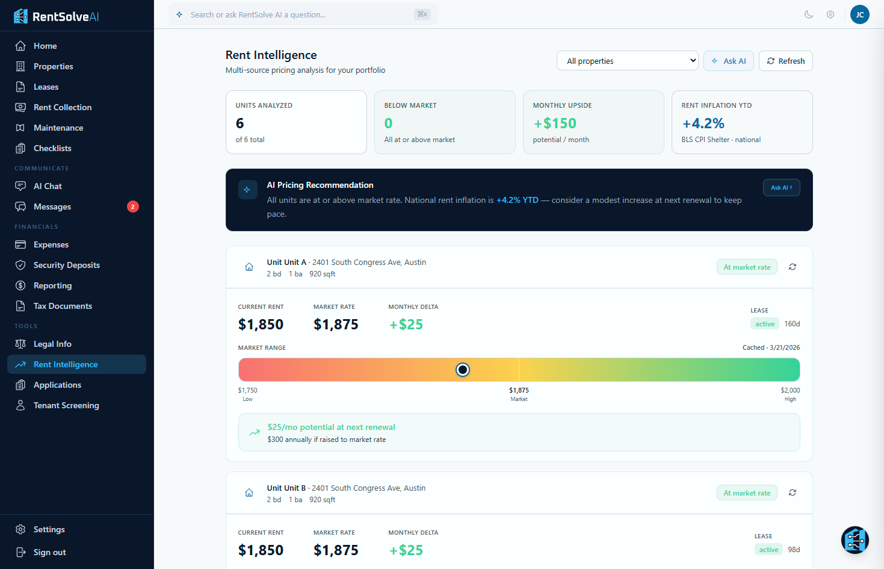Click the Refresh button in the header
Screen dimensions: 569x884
[785, 61]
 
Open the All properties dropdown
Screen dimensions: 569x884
[627, 61]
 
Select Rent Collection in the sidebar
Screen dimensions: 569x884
[63, 107]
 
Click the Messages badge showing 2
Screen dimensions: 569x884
[133, 207]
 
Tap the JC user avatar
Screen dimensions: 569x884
[859, 14]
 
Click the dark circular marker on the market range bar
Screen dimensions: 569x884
[462, 370]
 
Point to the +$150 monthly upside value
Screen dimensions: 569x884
[555, 123]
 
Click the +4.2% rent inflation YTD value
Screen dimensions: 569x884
[703, 123]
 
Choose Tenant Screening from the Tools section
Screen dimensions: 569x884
[66, 405]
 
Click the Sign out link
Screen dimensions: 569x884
[49, 552]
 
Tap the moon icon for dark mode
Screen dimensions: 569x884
[809, 14]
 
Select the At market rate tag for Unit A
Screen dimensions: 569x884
[747, 267]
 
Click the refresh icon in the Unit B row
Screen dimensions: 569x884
[793, 493]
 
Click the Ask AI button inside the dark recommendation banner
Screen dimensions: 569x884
[781, 187]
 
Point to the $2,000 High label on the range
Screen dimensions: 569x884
[790, 394]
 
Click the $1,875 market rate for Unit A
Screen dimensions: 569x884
[336, 325]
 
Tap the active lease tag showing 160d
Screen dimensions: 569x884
[765, 324]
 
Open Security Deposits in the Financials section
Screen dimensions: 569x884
[66, 265]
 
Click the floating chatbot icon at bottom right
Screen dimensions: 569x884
[855, 540]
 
